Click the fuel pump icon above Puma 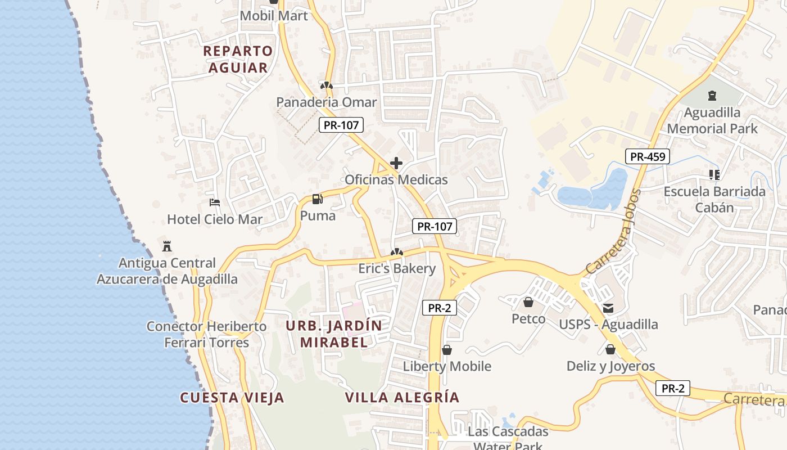tap(318, 199)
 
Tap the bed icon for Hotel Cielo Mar tap(214, 202)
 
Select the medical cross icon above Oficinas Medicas tap(396, 163)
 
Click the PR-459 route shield tap(648, 156)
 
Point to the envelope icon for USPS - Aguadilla tap(608, 308)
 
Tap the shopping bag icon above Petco tap(528, 303)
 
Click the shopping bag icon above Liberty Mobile tap(447, 350)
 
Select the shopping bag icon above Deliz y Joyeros tap(610, 349)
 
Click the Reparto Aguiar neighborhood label tap(238, 59)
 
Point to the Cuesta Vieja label tap(232, 398)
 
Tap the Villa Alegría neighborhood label tap(402, 398)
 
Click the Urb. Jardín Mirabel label tap(334, 334)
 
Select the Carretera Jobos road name tap(613, 232)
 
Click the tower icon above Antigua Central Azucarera tap(167, 246)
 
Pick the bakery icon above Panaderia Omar tap(326, 85)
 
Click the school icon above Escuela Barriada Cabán tap(714, 174)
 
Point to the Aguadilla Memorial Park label tap(712, 120)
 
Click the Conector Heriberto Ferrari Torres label tap(206, 334)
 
